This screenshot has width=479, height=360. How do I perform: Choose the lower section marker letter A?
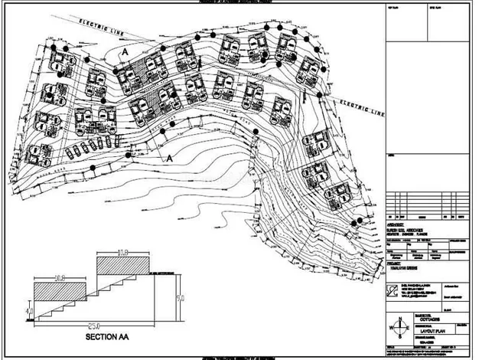point(170,158)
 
